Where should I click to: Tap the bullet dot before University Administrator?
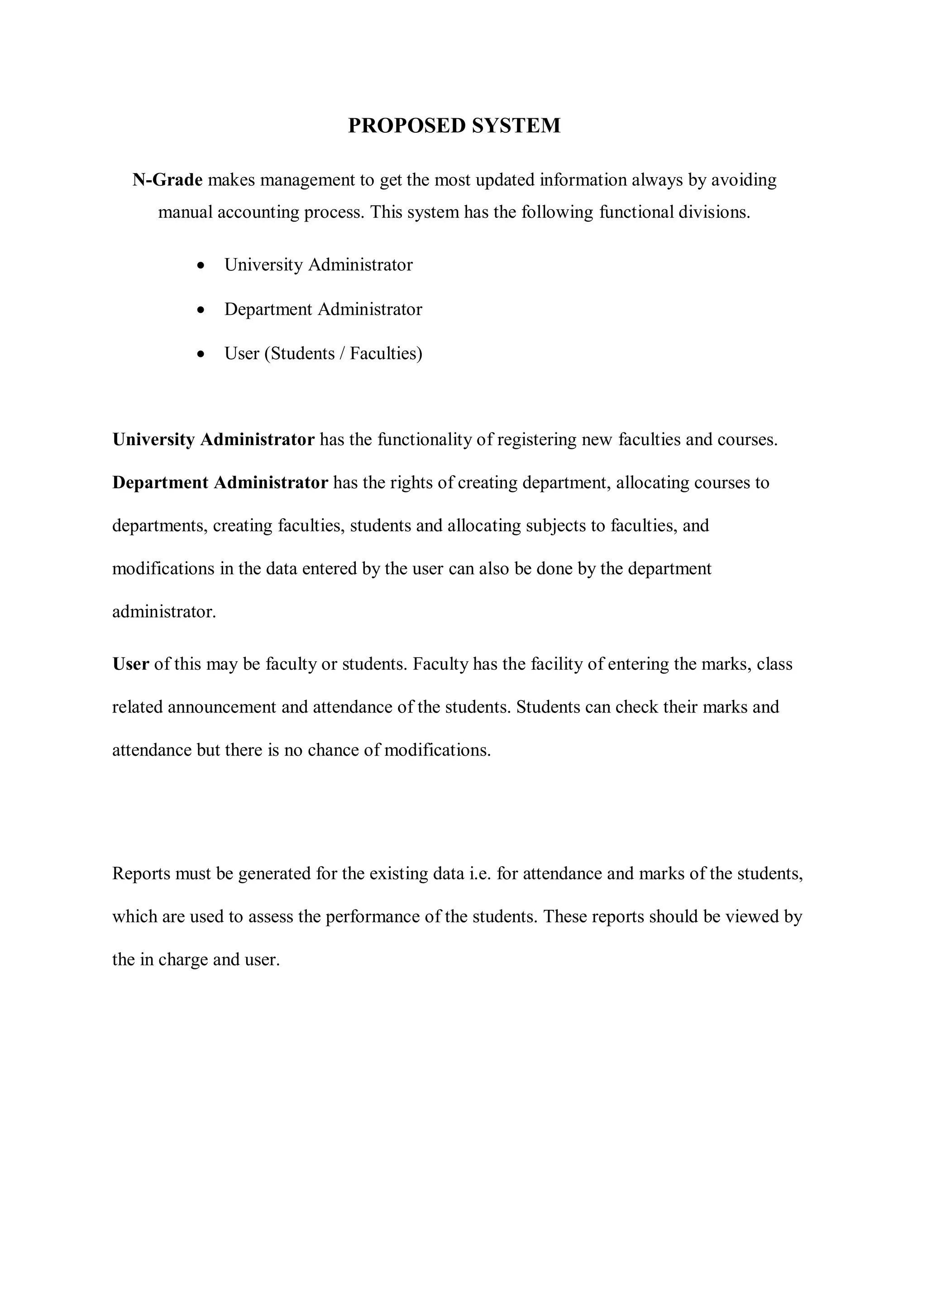click(x=200, y=266)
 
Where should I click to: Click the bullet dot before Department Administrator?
click(x=200, y=310)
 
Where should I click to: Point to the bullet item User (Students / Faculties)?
click(x=323, y=354)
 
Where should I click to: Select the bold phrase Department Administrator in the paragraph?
click(x=220, y=483)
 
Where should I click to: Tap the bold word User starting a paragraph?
click(x=131, y=664)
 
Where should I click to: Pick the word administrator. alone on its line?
click(x=164, y=612)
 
